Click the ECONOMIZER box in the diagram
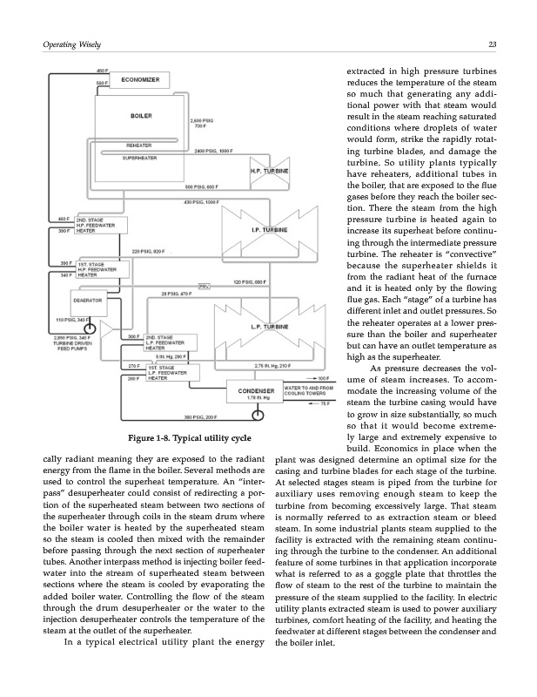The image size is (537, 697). tap(140, 80)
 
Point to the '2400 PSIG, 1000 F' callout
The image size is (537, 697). tap(215, 151)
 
